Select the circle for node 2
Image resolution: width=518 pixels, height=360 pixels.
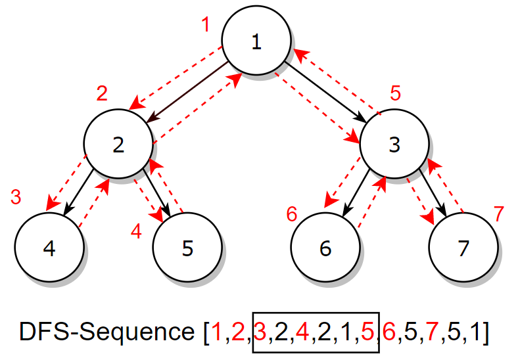point(118,145)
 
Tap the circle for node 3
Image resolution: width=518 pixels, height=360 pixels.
point(394,145)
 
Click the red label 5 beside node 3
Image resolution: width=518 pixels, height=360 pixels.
point(395,93)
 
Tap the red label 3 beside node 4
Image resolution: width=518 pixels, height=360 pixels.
point(16,196)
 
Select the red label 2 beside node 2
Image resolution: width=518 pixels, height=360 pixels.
point(102,93)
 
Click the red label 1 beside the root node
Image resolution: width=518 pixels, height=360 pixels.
point(206,26)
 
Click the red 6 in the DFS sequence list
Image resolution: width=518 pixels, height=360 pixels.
point(388,333)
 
